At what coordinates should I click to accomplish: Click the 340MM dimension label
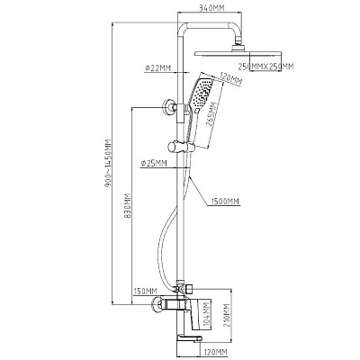pyautogui.click(x=212, y=8)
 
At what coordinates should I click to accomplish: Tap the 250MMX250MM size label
pyautogui.click(x=265, y=67)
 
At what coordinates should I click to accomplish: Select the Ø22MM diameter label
pyautogui.click(x=157, y=68)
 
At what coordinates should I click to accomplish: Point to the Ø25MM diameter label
pyautogui.click(x=154, y=163)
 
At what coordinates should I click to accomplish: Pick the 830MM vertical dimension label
pyautogui.click(x=128, y=205)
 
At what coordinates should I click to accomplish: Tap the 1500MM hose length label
pyautogui.click(x=225, y=202)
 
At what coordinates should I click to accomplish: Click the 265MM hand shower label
pyautogui.click(x=212, y=115)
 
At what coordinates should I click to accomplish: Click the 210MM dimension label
pyautogui.click(x=227, y=316)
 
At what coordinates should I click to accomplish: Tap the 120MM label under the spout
pyautogui.click(x=215, y=352)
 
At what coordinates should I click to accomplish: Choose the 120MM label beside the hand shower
pyautogui.click(x=231, y=78)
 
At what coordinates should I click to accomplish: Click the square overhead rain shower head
pyautogui.click(x=238, y=54)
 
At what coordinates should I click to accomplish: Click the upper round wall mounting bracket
pyautogui.click(x=169, y=107)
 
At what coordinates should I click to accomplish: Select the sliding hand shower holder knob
pyautogui.click(x=173, y=147)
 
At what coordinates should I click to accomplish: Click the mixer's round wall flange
pyautogui.click(x=156, y=305)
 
